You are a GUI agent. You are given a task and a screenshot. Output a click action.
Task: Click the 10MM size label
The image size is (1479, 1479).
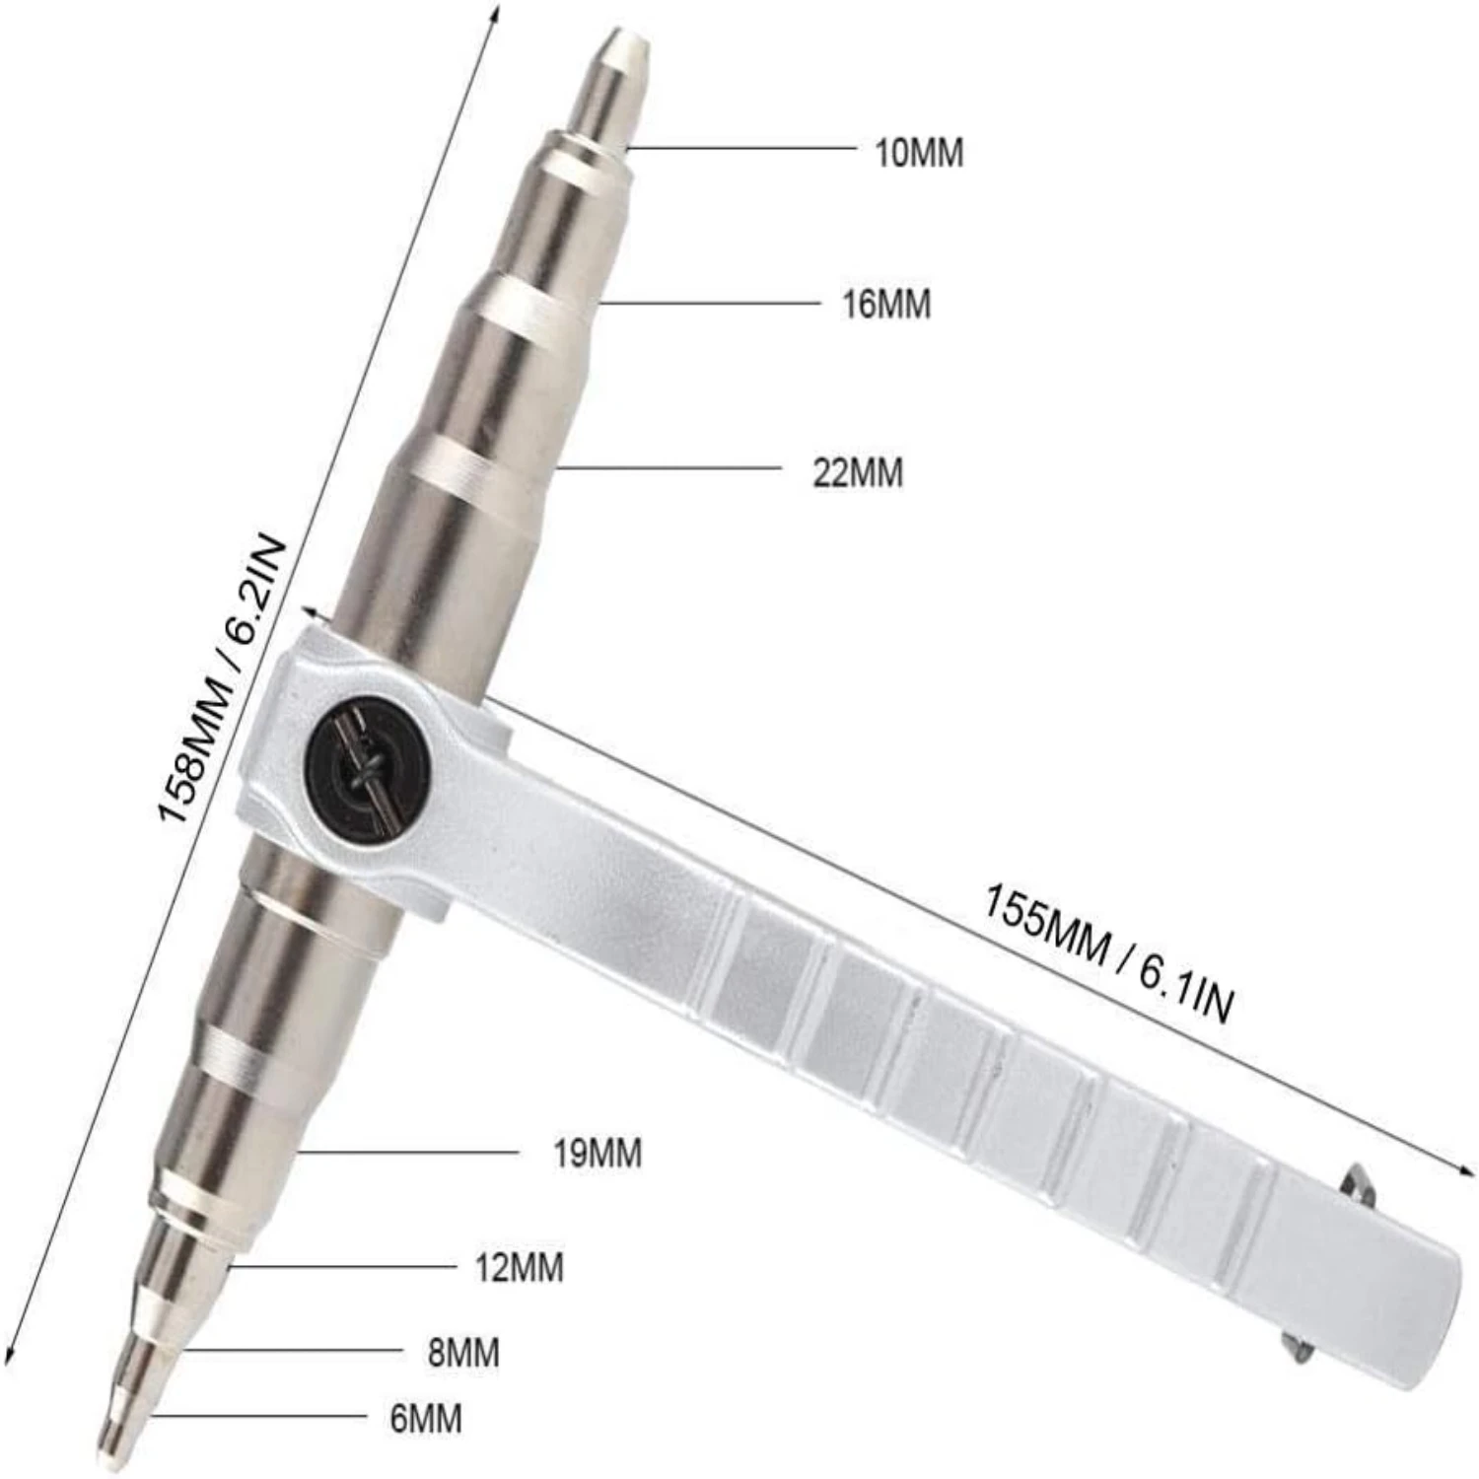point(919,154)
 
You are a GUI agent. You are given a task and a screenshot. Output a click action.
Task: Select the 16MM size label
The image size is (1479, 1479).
point(885,305)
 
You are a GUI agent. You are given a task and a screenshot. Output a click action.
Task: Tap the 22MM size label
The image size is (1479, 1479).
point(857,473)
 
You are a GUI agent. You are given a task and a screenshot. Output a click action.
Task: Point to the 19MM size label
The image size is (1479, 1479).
point(597,1153)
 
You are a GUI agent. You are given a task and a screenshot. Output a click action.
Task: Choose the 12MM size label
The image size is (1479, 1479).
point(519,1268)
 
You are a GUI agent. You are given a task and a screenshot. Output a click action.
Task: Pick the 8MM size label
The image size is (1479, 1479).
point(463,1353)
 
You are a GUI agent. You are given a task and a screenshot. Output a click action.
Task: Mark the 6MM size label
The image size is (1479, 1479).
point(426,1420)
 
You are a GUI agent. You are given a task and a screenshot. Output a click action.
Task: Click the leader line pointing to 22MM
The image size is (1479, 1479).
point(670,467)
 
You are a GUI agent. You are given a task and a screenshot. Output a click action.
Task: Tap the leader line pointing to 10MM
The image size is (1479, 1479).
point(739,149)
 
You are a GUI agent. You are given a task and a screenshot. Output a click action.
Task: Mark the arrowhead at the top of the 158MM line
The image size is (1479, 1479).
point(497,12)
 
